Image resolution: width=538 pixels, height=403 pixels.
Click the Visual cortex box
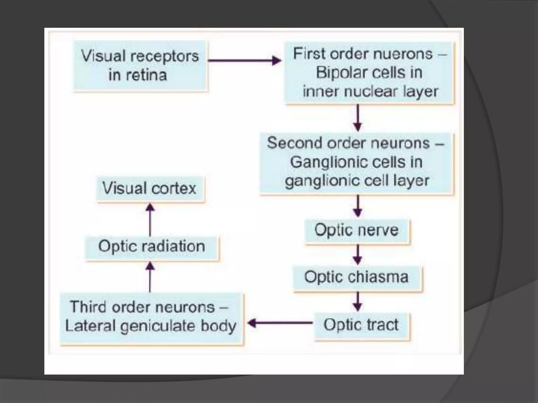click(x=150, y=189)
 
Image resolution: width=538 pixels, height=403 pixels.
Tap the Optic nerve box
click(x=356, y=231)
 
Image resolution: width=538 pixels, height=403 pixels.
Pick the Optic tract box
click(x=361, y=325)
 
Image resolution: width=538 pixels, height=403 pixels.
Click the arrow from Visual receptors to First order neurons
click(x=244, y=61)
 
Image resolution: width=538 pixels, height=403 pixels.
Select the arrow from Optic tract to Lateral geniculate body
click(x=280, y=323)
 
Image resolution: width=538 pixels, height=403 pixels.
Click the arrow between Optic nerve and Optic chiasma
click(x=357, y=254)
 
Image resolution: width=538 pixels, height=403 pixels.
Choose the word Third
click(x=87, y=307)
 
